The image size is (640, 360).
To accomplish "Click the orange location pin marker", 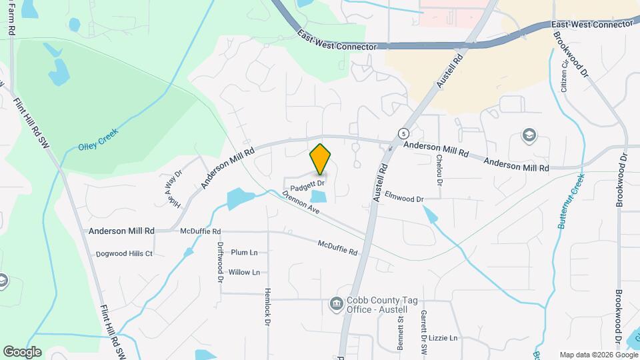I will (x=321, y=159).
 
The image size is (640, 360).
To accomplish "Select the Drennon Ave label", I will (x=301, y=204).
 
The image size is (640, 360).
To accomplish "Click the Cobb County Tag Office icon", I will (x=336, y=305).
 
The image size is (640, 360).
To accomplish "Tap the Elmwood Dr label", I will (x=405, y=199).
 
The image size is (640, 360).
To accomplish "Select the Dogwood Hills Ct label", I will (x=125, y=253).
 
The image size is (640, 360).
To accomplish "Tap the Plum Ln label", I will (x=244, y=253).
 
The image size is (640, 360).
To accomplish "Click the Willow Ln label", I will (x=244, y=272).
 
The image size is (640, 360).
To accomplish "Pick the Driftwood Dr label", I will (x=220, y=261).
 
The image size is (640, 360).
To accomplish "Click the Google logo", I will (x=22, y=351).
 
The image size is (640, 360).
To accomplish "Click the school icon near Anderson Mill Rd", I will (x=529, y=136).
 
